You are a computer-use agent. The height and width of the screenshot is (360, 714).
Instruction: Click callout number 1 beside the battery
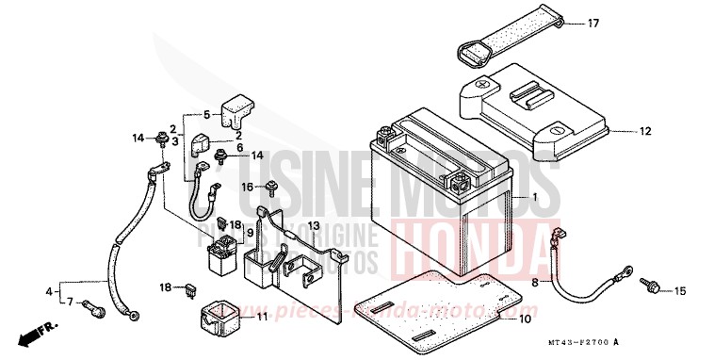pyautogui.click(x=534, y=198)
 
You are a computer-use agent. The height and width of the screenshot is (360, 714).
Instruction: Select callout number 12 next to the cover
pyautogui.click(x=644, y=132)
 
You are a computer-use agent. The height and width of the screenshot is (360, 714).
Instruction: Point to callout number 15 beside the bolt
pyautogui.click(x=681, y=291)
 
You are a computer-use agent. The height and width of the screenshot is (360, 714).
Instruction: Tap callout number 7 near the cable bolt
pyautogui.click(x=70, y=301)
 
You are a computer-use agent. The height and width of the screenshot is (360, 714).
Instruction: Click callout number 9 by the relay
pyautogui.click(x=250, y=233)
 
